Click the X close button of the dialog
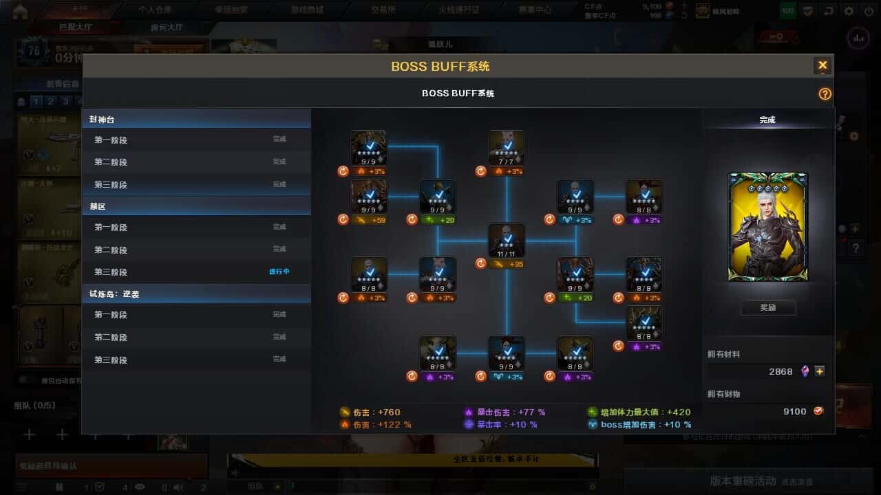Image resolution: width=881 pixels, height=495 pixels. (x=822, y=66)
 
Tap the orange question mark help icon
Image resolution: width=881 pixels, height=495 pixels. (x=825, y=94)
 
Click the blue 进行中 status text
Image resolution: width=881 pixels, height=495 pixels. (x=279, y=272)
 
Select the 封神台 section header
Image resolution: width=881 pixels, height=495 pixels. (x=102, y=120)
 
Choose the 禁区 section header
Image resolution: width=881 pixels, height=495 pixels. (x=97, y=206)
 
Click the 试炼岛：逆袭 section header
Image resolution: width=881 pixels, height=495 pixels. (x=114, y=294)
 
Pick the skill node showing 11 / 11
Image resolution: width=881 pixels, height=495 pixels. (x=507, y=241)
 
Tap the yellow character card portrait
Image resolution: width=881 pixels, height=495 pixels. (x=767, y=227)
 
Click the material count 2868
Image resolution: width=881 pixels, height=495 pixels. (x=781, y=371)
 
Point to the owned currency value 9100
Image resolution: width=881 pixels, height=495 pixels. (x=794, y=411)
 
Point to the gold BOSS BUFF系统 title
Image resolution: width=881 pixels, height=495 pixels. (x=440, y=67)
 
